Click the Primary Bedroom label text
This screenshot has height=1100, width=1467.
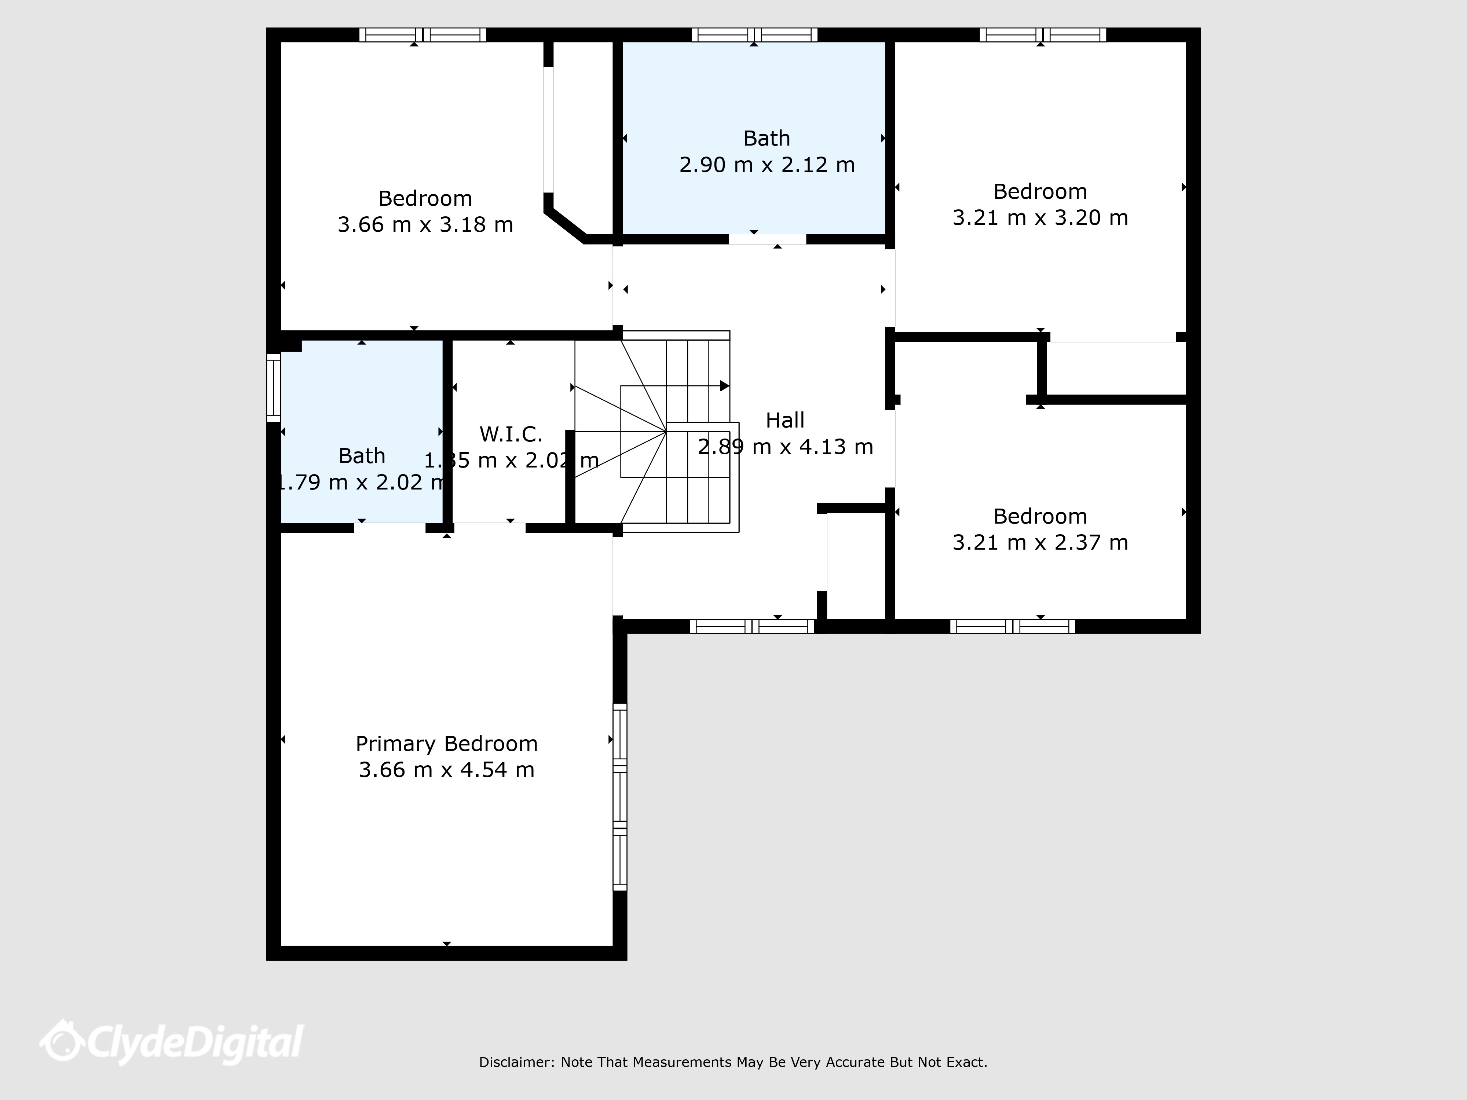(x=446, y=744)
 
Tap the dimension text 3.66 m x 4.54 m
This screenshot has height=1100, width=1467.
(x=446, y=770)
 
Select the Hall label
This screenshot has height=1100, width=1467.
(x=785, y=420)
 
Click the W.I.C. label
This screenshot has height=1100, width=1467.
(x=511, y=434)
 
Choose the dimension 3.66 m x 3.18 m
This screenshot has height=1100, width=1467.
(x=425, y=225)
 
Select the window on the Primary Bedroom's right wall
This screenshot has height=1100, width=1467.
(x=619, y=797)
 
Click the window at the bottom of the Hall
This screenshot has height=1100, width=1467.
(x=752, y=626)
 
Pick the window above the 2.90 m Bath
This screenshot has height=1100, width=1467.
(x=754, y=34)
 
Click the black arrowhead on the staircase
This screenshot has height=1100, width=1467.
(x=725, y=386)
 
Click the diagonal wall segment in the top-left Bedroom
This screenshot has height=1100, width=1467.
(x=565, y=225)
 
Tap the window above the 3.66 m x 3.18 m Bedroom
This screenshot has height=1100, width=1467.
(x=422, y=34)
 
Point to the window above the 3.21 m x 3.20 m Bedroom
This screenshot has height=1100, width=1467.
(x=1043, y=34)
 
